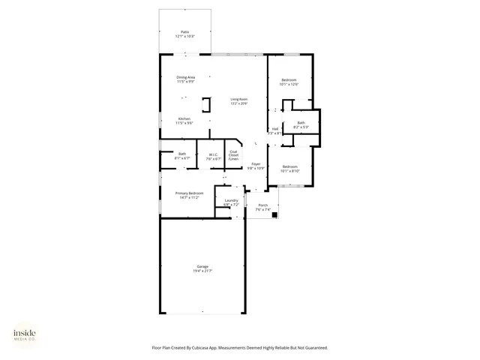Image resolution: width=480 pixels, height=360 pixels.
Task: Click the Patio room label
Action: [x=184, y=31]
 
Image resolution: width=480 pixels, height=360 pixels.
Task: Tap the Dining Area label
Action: [x=186, y=77]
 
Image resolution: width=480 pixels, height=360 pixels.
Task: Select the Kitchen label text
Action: [x=184, y=118]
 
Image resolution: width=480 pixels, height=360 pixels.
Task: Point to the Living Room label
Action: [x=238, y=99]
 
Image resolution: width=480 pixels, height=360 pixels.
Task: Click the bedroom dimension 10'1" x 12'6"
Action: [x=289, y=85]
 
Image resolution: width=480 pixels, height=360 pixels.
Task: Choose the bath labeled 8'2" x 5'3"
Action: [x=301, y=127]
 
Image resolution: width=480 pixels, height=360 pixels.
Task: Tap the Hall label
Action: [x=275, y=128]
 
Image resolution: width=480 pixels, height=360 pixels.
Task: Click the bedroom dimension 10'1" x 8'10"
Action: [x=289, y=171]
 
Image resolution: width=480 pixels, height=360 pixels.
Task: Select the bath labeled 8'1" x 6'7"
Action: [x=182, y=158]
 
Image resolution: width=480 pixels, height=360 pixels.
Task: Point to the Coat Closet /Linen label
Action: [x=234, y=155]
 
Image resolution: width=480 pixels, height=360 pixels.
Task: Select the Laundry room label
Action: [x=231, y=199]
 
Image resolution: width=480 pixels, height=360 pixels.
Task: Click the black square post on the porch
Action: [x=274, y=214]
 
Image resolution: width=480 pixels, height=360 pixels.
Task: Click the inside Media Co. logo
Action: [x=24, y=334]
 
